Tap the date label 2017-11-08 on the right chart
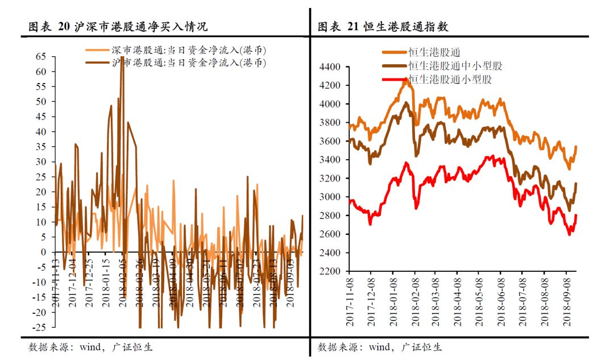pos(351,301)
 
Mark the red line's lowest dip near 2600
pos(570,234)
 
